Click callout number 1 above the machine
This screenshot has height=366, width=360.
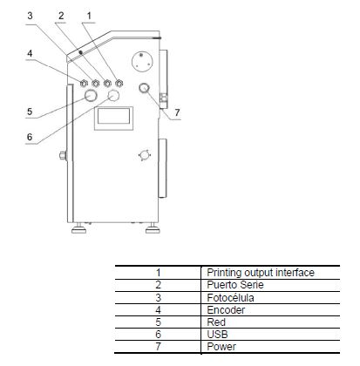89,16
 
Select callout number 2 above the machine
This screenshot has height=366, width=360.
61,16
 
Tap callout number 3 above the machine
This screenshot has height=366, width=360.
30,16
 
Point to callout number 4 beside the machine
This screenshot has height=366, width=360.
30,53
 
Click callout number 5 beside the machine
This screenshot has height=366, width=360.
30,112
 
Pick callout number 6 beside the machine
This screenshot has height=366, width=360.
30,137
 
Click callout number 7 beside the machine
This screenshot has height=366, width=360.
177,112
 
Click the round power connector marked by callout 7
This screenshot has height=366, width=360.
144,88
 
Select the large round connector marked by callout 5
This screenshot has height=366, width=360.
91,95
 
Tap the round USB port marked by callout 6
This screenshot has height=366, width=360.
113,95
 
